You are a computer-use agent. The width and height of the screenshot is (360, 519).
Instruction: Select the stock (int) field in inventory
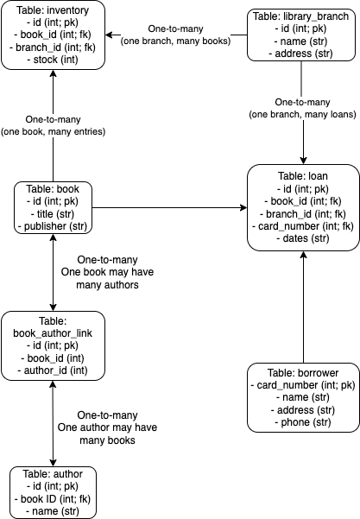click(x=54, y=60)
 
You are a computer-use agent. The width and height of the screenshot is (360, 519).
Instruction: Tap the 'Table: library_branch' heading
click(x=300, y=16)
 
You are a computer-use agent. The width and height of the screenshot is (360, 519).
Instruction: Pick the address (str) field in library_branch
click(x=300, y=54)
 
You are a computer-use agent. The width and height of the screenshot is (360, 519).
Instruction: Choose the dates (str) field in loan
click(x=301, y=237)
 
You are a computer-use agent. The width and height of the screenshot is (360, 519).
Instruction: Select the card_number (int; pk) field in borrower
click(x=301, y=383)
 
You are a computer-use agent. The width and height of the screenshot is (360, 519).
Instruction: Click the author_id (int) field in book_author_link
click(x=54, y=370)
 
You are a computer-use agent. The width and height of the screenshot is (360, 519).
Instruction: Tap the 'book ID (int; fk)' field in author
click(x=54, y=498)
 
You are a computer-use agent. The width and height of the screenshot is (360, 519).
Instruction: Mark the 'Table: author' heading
click(x=54, y=473)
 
